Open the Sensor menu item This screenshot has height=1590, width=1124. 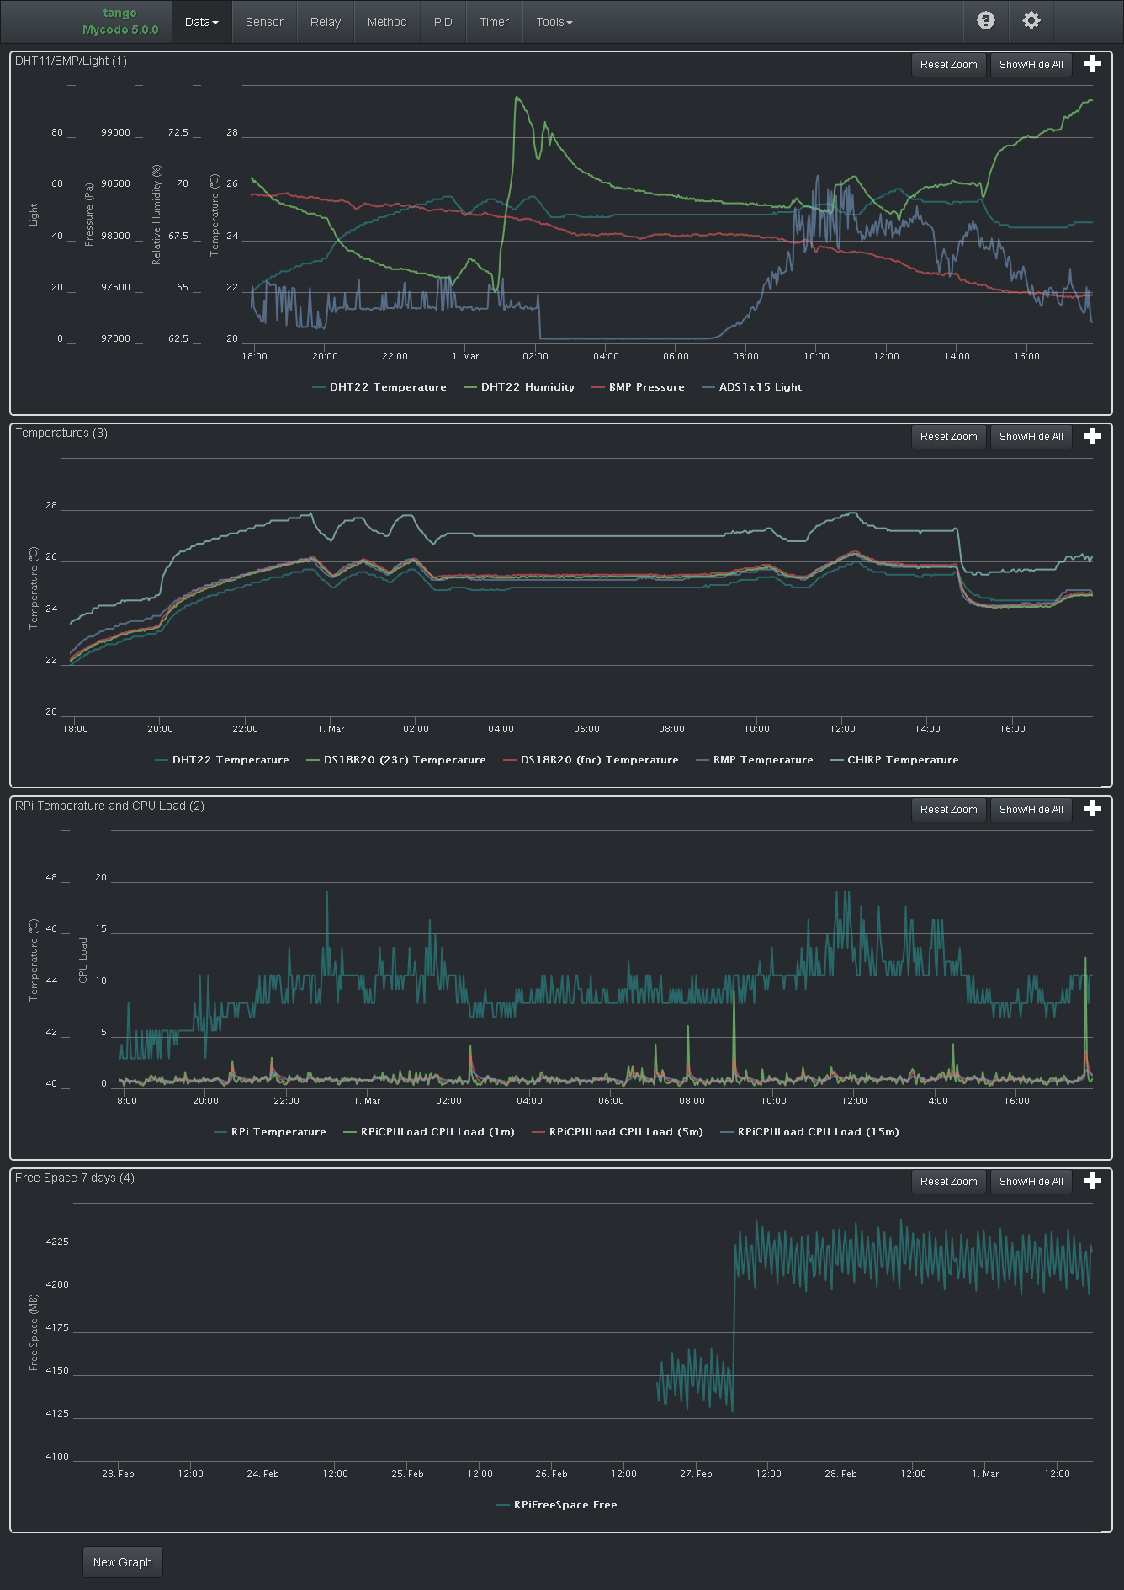[264, 22]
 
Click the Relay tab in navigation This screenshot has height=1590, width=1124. [325, 22]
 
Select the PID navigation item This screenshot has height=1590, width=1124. [443, 22]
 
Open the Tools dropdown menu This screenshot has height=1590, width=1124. [554, 22]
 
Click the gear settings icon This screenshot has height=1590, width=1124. [1031, 21]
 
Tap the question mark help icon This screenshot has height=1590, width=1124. [985, 21]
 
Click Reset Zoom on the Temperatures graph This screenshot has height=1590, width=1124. [948, 437]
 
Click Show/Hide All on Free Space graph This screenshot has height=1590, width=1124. [1031, 1182]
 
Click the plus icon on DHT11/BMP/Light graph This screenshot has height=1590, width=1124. [1092, 64]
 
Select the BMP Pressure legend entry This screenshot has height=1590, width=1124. [646, 387]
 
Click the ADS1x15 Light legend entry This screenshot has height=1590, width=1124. [760, 387]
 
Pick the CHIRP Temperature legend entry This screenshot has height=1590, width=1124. [902, 760]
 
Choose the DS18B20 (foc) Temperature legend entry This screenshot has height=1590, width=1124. [599, 760]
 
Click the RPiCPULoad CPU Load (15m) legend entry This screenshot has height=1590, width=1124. [818, 1132]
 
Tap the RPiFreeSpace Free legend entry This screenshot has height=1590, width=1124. [565, 1505]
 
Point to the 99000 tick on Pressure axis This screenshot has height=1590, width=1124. [115, 132]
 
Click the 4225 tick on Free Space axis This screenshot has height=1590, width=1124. [57, 1242]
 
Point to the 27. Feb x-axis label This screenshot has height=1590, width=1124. [696, 1474]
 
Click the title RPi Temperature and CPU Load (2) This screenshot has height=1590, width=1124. [109, 806]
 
